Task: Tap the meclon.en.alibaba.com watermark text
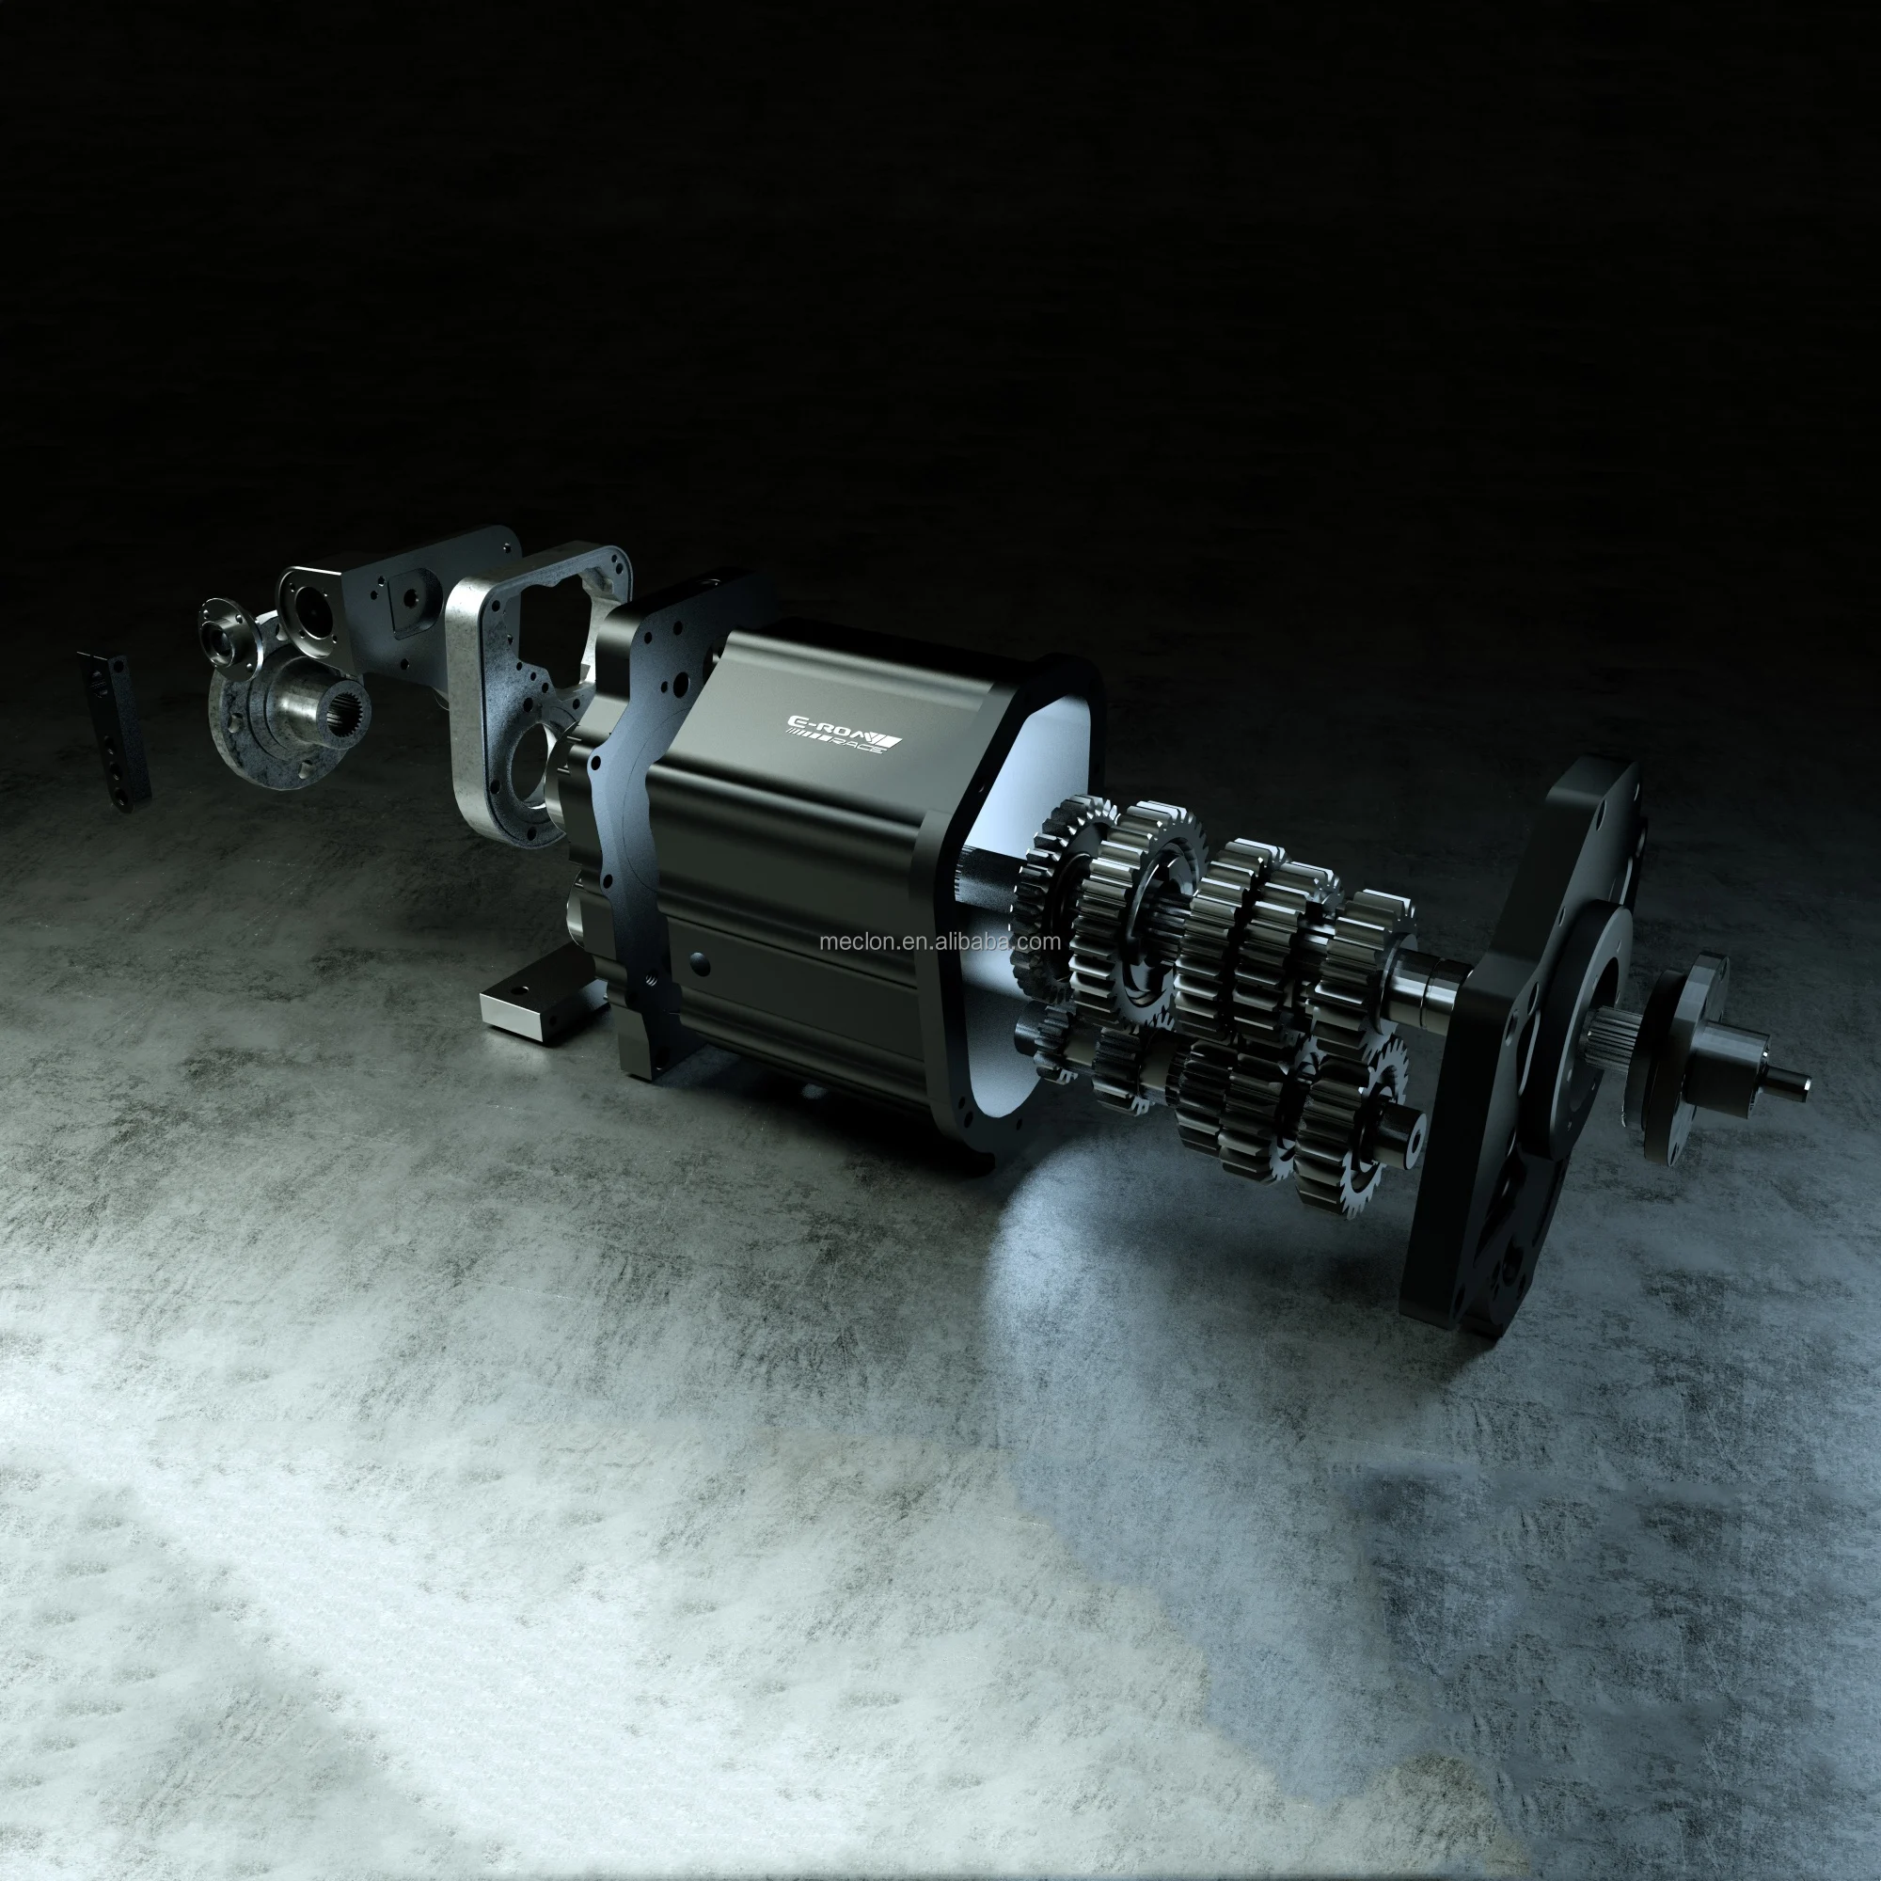click(x=940, y=941)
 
